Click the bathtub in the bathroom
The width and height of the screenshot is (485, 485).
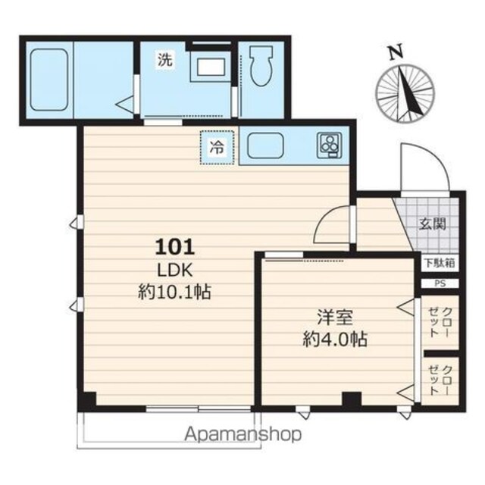pyautogui.click(x=49, y=80)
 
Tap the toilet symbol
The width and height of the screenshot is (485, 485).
pyautogui.click(x=261, y=66)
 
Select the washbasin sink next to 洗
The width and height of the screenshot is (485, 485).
pyautogui.click(x=211, y=67)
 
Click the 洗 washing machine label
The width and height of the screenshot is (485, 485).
pyautogui.click(x=165, y=59)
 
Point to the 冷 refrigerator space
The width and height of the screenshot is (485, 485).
pyautogui.click(x=217, y=147)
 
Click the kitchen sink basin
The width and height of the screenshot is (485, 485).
pyautogui.click(x=266, y=145)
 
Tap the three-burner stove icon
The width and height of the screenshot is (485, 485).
pyautogui.click(x=330, y=145)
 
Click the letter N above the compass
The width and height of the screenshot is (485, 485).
pyautogui.click(x=396, y=52)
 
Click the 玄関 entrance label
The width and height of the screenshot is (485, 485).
pyautogui.click(x=433, y=224)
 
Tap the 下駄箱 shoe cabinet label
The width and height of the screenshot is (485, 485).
pyautogui.click(x=440, y=263)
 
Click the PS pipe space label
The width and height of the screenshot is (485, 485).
pyautogui.click(x=440, y=283)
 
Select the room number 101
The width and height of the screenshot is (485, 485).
pyautogui.click(x=175, y=247)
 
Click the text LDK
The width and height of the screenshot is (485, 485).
pyautogui.click(x=175, y=270)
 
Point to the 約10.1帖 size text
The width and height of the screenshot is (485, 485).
pyautogui.click(x=174, y=291)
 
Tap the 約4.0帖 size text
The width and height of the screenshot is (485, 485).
pyautogui.click(x=335, y=339)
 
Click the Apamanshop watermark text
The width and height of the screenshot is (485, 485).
pyautogui.click(x=242, y=435)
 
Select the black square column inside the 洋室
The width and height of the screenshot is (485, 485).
pyautogui.click(x=352, y=399)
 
